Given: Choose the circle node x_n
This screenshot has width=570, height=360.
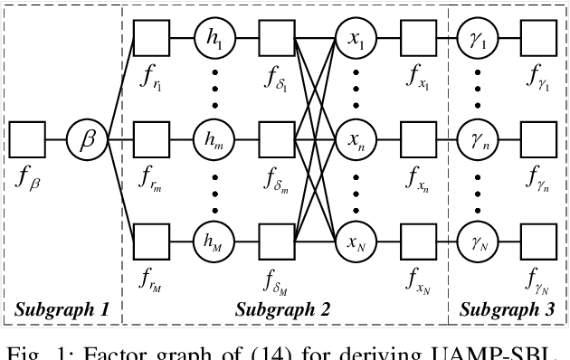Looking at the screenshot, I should click(353, 141).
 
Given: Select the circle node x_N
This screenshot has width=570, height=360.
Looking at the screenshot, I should click(353, 242).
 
